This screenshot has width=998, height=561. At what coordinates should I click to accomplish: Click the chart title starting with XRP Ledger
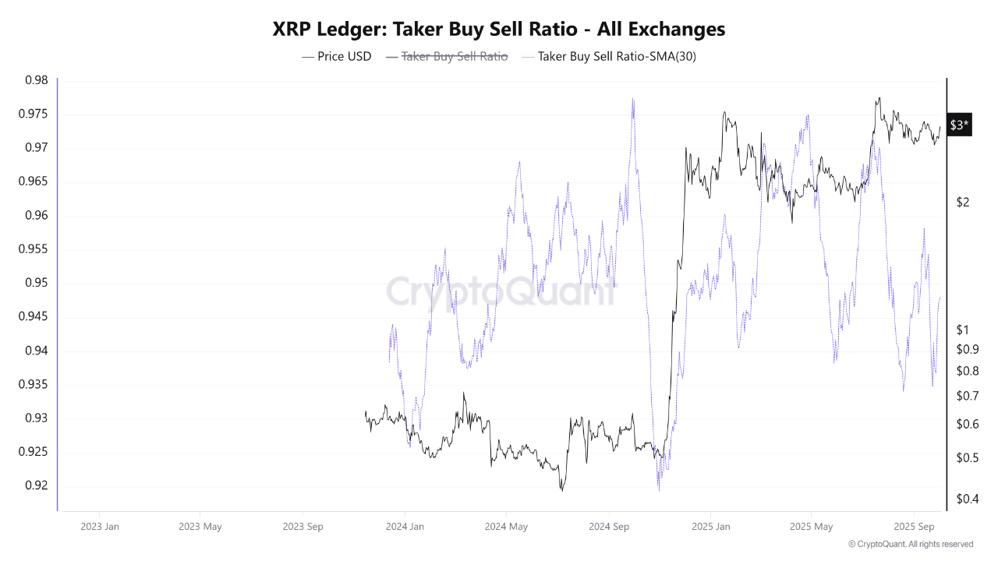[499, 29]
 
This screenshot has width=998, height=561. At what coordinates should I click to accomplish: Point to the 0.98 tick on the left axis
[36, 80]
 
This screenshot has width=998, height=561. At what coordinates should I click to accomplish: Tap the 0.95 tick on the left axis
[36, 283]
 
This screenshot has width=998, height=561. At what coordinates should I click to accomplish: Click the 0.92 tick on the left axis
[36, 485]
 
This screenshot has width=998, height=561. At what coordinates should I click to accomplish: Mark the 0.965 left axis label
[33, 182]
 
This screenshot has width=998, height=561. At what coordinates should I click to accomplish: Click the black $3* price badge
[959, 125]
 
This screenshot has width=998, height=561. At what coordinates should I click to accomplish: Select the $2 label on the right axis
[963, 203]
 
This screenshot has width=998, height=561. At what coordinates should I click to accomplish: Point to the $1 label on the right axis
[963, 330]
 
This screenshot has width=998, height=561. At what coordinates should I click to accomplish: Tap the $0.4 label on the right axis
[967, 499]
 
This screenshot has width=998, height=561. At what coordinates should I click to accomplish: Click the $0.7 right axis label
[967, 396]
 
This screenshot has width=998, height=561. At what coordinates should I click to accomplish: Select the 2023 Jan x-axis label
[100, 526]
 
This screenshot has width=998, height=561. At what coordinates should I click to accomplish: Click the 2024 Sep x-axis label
[610, 526]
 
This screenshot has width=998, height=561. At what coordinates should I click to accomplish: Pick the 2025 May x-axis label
[811, 526]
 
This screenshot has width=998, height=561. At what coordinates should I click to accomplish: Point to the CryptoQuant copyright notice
[910, 544]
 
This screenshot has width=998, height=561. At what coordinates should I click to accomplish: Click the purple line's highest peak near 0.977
[632, 99]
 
